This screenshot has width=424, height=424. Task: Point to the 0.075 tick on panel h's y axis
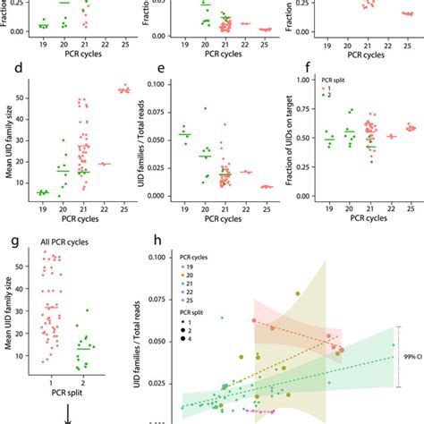coord(166,299)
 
